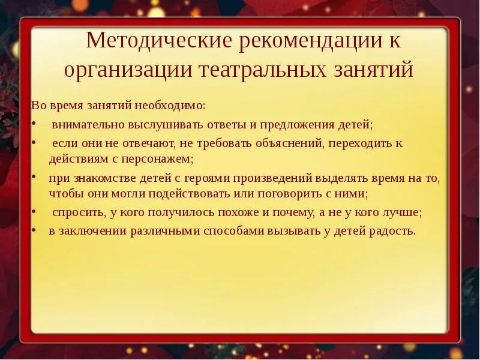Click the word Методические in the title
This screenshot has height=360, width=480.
(159, 41)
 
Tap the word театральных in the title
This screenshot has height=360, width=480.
(260, 70)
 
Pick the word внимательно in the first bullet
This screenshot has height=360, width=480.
(88, 125)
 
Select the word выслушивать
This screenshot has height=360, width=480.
(162, 125)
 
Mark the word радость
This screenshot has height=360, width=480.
(392, 231)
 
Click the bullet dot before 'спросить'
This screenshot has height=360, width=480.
(34, 212)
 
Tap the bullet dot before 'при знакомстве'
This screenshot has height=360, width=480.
(34, 178)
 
